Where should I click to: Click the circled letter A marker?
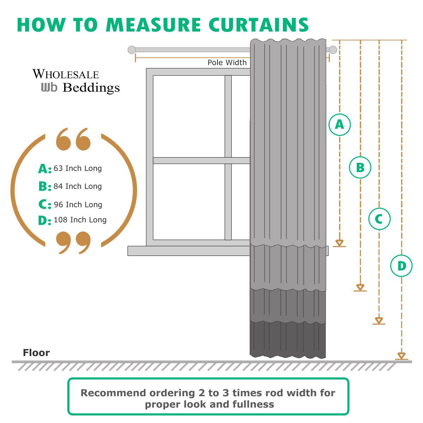tap(339, 124)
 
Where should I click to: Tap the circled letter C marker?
tap(379, 219)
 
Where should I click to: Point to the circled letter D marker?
tap(401, 266)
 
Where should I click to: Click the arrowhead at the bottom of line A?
tap(339, 243)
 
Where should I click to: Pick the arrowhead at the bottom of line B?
tap(360, 287)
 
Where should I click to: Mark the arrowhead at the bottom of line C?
tap(379, 320)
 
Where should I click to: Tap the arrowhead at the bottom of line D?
tap(401, 355)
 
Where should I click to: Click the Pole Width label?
tap(227, 63)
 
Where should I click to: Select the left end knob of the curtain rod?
tap(131, 50)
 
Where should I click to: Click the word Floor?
tap(36, 353)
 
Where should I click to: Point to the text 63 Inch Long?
tap(78, 168)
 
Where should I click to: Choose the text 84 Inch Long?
tap(78, 186)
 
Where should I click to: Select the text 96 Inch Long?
tap(78, 205)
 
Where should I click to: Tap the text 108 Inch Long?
tap(80, 220)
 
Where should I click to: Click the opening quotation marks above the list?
tap(73, 139)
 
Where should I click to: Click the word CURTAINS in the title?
tap(258, 25)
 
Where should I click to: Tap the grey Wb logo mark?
tap(49, 87)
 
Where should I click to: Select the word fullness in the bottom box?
tap(253, 404)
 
